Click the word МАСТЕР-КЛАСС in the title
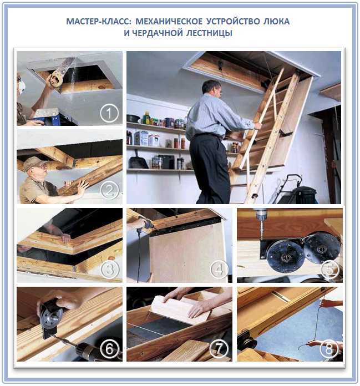tap(97, 21)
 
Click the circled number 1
tap(109, 113)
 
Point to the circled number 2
tap(110, 190)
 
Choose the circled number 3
tap(110, 269)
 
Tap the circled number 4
tap(219, 270)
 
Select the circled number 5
tap(330, 270)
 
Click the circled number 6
tap(109, 349)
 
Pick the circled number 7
tap(219, 349)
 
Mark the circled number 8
tap(329, 349)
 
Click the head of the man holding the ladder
tap(212, 90)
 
